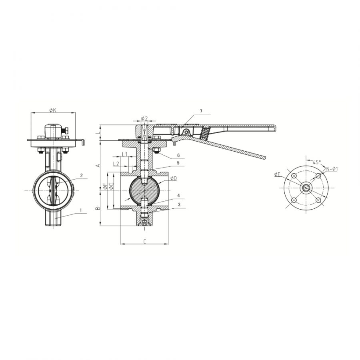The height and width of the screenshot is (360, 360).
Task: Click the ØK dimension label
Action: click(x=53, y=110)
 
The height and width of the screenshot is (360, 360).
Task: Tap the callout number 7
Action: click(x=201, y=111)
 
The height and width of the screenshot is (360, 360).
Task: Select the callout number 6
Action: click(x=178, y=156)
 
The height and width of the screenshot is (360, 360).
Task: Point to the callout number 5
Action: click(x=178, y=163)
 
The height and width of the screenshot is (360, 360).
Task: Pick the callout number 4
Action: click(x=178, y=195)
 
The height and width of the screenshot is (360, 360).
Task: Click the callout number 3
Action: click(x=179, y=204)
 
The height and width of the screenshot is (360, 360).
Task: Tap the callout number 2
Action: click(x=81, y=176)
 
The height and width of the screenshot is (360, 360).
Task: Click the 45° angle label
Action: click(x=316, y=162)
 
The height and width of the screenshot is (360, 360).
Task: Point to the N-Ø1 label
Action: click(x=332, y=169)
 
